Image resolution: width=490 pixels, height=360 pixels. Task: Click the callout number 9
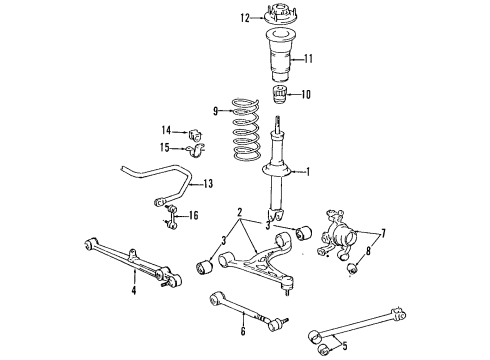[213, 110]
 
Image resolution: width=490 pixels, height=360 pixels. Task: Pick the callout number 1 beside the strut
[308, 171]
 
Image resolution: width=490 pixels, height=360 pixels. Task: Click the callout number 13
[208, 183]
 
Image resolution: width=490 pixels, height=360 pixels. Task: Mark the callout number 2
[240, 213]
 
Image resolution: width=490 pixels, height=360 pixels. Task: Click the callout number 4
[133, 291]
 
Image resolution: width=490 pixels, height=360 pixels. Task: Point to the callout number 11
[308, 59]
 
